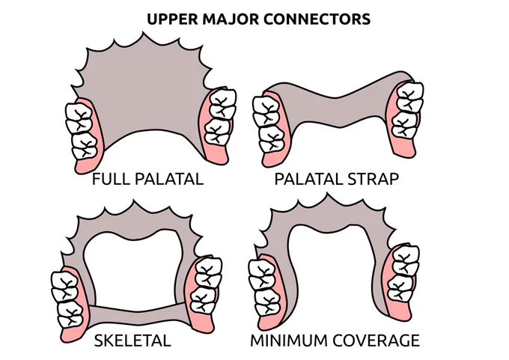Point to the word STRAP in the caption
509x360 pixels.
click(374, 179)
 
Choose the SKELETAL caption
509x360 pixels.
click(132, 341)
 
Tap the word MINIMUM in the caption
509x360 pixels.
click(289, 341)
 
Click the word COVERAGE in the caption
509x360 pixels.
click(377, 341)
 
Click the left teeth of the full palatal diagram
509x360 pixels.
click(82, 131)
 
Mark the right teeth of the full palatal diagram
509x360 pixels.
click(220, 116)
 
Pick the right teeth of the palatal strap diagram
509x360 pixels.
click(407, 110)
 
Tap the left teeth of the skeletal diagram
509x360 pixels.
click(67, 299)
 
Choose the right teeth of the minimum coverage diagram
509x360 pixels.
click(403, 273)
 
